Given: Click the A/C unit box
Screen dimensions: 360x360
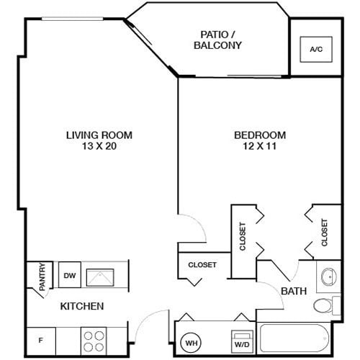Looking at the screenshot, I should point(315,50).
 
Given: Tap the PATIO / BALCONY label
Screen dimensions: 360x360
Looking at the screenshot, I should point(217,40).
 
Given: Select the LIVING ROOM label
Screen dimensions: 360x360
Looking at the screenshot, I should point(99,135).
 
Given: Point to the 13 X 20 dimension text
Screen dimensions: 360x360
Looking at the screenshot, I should point(99,146).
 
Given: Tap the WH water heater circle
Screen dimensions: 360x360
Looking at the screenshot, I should point(191,343).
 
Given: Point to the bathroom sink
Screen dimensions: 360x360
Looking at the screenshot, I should point(328,276).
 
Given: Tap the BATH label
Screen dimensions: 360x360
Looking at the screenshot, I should point(294,292).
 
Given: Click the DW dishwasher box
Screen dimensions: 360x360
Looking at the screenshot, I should point(70,274).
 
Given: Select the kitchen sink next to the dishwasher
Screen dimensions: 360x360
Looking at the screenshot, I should point(99,275).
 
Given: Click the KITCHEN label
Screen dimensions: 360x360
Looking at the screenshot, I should point(81,307).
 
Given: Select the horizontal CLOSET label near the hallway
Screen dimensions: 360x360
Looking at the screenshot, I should point(202,265).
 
